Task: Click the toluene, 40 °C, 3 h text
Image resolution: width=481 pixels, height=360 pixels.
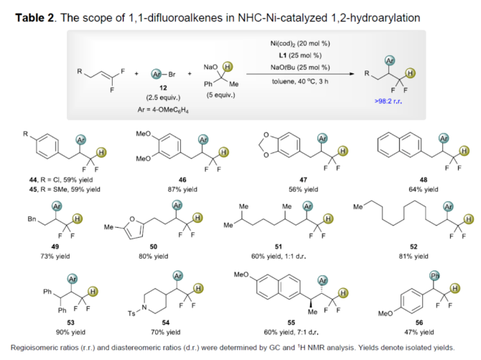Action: [x=301, y=83]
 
